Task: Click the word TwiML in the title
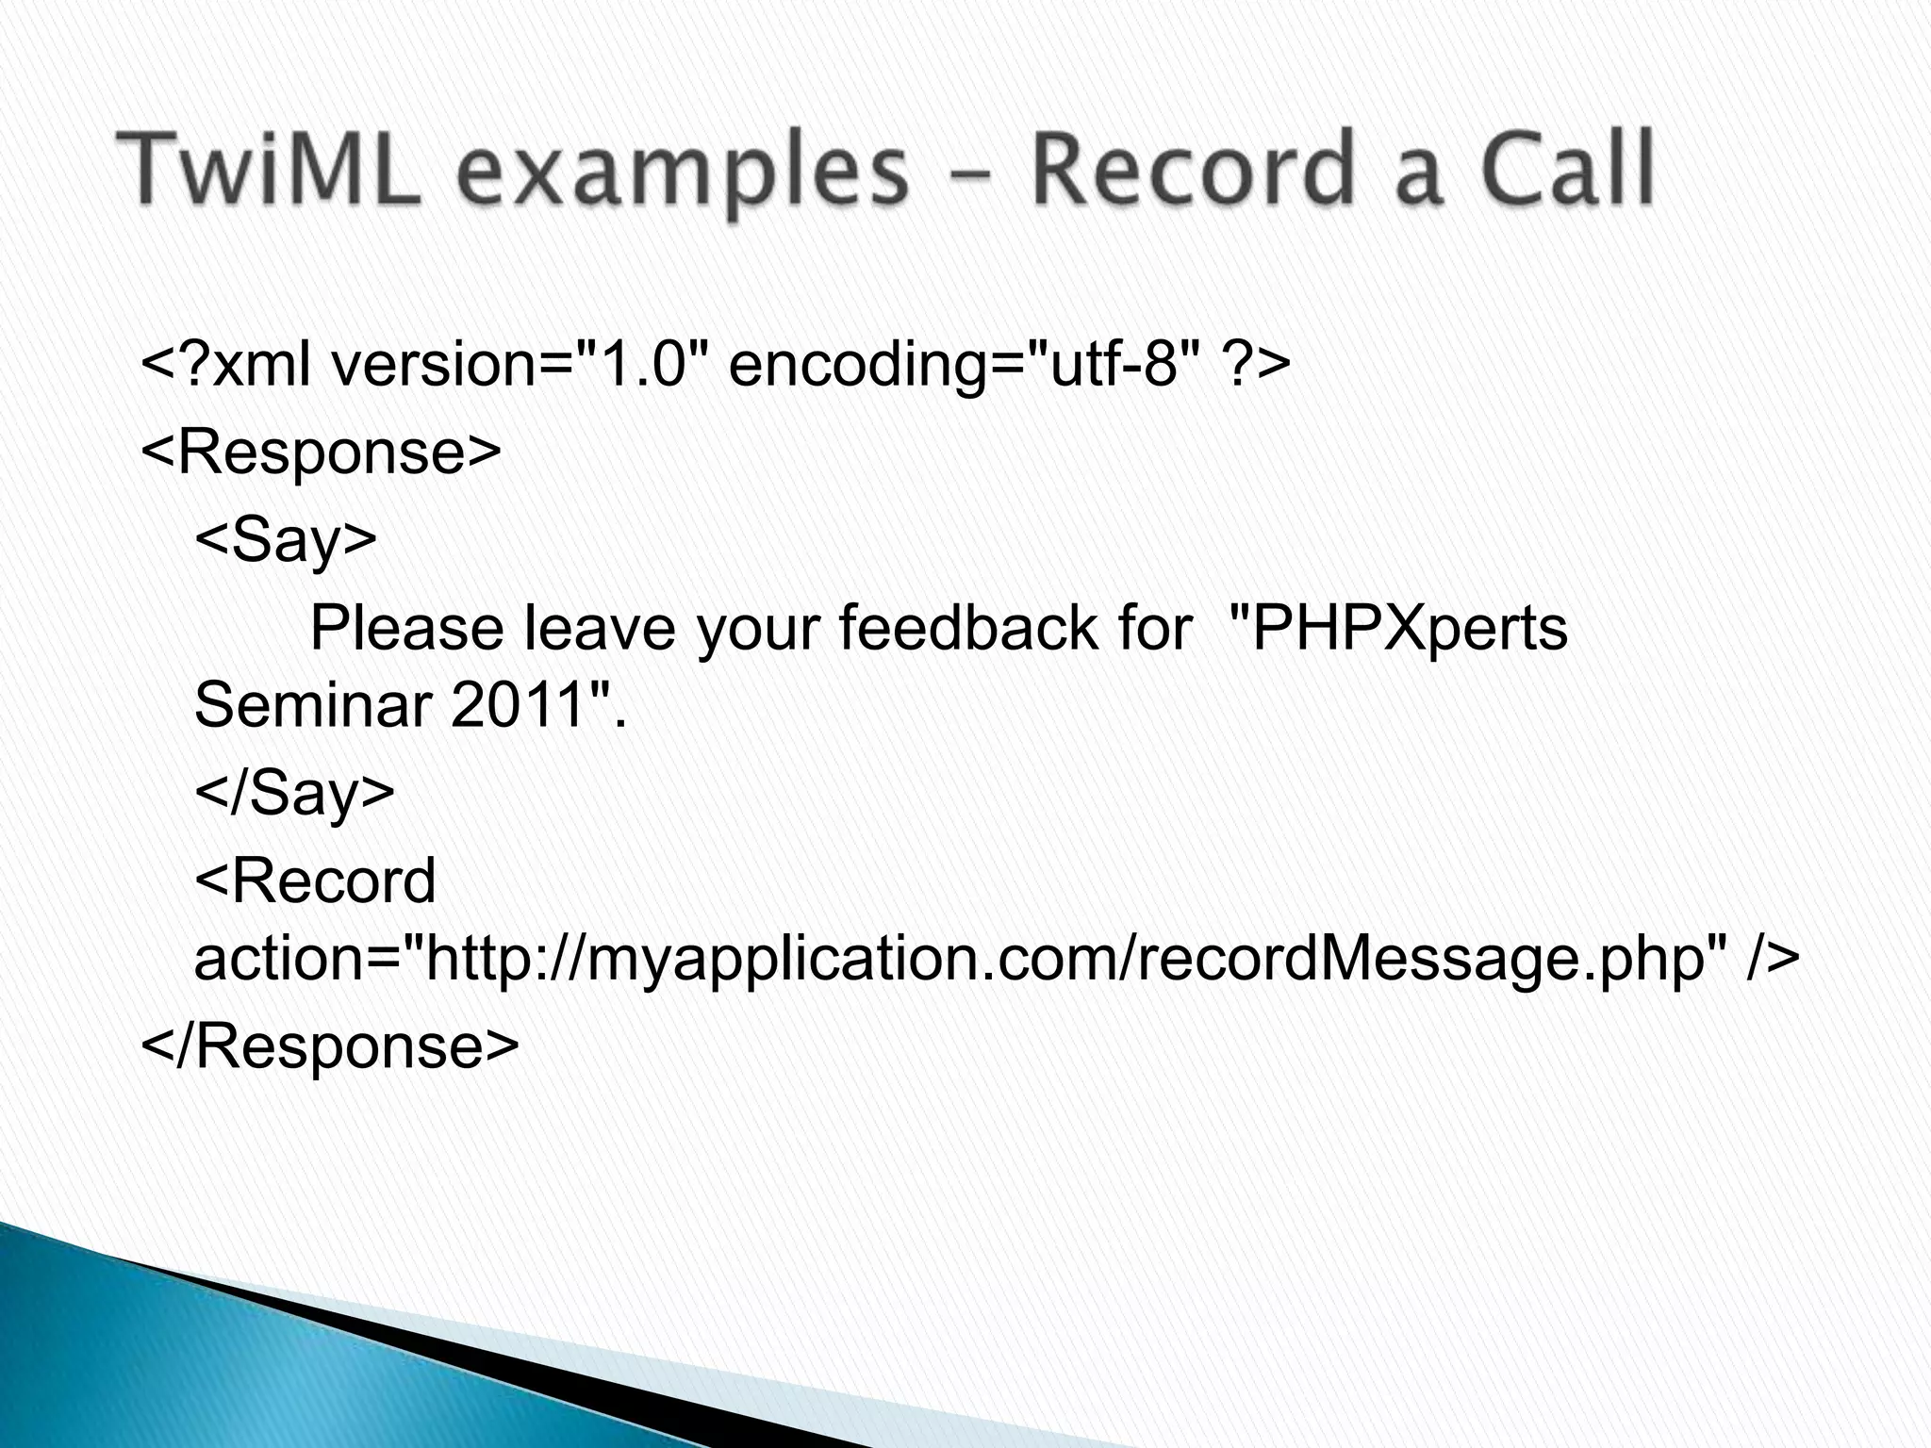click(x=268, y=171)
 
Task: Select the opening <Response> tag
click(x=321, y=453)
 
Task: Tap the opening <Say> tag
click(x=286, y=541)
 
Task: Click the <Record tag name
click(x=315, y=880)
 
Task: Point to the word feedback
click(x=967, y=628)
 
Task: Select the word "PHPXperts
click(x=1399, y=630)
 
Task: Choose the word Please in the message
click(x=406, y=630)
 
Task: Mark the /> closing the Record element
click(x=1773, y=959)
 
